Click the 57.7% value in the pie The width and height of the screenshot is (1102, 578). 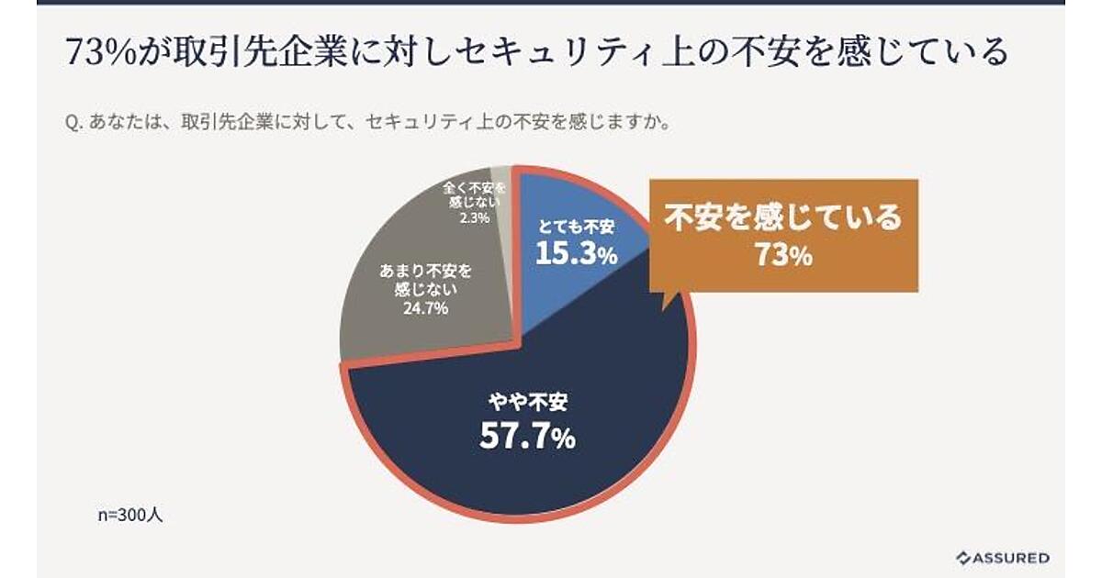coord(527,437)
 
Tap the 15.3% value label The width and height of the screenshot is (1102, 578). coord(576,254)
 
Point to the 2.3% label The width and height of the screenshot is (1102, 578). coord(475,218)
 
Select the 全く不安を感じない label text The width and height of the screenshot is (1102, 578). coord(475,195)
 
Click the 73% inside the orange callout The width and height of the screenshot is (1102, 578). coord(783,255)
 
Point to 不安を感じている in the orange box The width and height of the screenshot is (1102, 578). coord(783,219)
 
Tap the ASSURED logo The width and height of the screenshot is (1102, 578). coord(1002,557)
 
